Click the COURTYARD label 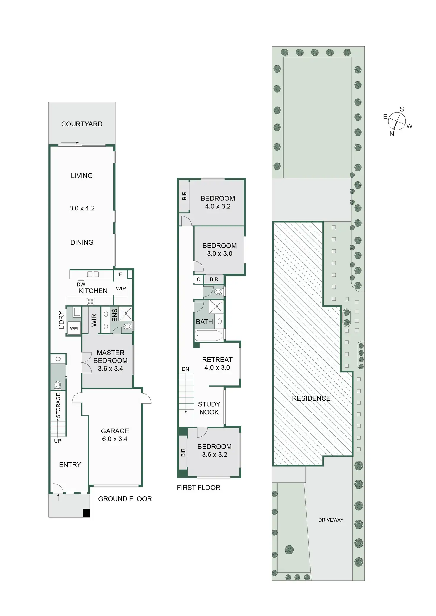click(82, 124)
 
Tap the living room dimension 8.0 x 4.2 click(82, 208)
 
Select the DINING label click(82, 242)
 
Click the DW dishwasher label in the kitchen click(81, 284)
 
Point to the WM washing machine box click(74, 328)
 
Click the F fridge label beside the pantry click(121, 275)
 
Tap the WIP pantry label click(121, 289)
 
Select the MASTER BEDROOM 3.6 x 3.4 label click(110, 361)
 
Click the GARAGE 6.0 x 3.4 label click(115, 435)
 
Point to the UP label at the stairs click(58, 441)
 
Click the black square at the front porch click(86, 513)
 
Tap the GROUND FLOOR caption click(125, 499)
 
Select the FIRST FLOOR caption click(198, 488)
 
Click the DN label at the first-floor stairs click(185, 369)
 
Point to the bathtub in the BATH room click(209, 336)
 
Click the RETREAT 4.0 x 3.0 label click(217, 364)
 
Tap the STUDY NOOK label click(209, 408)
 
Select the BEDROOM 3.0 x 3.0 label click(219, 250)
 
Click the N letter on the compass click(392, 134)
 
